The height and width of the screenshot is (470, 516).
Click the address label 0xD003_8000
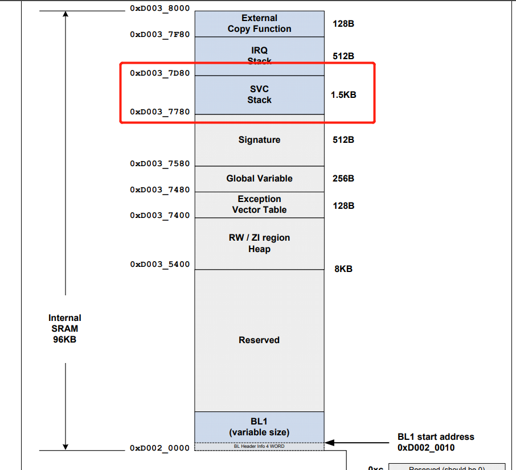click(x=159, y=9)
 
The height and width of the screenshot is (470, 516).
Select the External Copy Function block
click(x=259, y=24)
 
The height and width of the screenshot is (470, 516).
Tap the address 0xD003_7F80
click(x=159, y=34)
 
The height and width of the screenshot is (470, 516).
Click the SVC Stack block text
click(x=259, y=94)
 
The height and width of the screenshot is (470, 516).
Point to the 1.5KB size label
click(x=343, y=95)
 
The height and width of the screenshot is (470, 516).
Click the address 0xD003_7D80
click(x=159, y=73)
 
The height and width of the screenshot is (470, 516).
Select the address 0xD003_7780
click(x=159, y=112)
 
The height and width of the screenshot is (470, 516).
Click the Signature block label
click(x=259, y=140)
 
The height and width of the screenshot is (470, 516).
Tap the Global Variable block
click(x=259, y=179)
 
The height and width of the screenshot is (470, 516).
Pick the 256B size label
click(x=343, y=179)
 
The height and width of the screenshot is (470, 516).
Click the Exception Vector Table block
click(x=259, y=204)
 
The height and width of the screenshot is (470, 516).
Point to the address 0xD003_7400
click(x=159, y=215)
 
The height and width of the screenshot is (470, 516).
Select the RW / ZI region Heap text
click(x=259, y=244)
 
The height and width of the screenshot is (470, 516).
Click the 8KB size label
click(x=343, y=269)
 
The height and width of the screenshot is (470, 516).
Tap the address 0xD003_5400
click(x=159, y=265)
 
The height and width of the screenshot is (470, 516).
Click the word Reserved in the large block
click(x=259, y=340)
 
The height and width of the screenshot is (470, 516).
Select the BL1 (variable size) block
click(x=259, y=427)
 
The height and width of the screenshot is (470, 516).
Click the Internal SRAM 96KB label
click(x=64, y=328)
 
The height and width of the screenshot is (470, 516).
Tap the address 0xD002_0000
click(x=159, y=448)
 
